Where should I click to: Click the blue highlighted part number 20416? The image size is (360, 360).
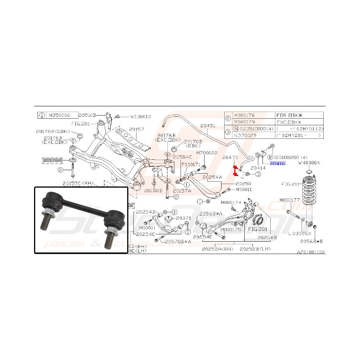[277, 164]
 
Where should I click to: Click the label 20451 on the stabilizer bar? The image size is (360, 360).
[208, 125]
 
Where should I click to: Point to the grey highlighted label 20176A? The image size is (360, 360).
[52, 159]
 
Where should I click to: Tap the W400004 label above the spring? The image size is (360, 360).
[309, 163]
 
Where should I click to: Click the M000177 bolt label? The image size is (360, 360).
[290, 200]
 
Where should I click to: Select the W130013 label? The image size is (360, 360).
[140, 116]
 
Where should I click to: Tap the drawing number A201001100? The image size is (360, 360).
[311, 252]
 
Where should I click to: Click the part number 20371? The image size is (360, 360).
[184, 218]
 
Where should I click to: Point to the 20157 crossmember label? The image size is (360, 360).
[136, 129]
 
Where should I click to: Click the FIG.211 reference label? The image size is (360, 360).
[290, 184]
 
